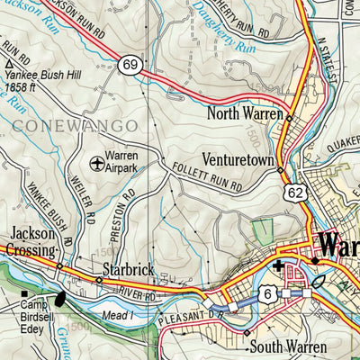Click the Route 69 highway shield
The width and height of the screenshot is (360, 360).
[x=132, y=65]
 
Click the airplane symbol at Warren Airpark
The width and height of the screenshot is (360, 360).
[x=98, y=163]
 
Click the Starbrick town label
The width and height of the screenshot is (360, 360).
[x=128, y=269]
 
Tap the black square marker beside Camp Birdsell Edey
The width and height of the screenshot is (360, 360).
[x=24, y=293]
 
